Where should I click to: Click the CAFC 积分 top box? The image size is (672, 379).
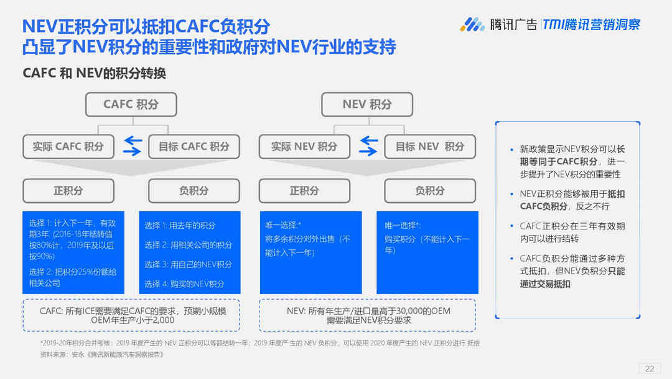point(131,104)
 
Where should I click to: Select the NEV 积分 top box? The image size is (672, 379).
point(367,104)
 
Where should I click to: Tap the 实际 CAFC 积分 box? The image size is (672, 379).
point(68,146)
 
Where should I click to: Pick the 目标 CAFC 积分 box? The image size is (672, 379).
point(194,146)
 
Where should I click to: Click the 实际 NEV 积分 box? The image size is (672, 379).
point(304,146)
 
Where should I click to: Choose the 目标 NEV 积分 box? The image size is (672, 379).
point(430,146)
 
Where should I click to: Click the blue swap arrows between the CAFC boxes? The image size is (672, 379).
point(133,146)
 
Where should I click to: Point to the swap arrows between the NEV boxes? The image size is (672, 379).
point(368,146)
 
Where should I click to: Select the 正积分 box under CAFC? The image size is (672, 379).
point(68,191)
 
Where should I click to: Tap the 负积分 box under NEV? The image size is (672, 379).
point(430,191)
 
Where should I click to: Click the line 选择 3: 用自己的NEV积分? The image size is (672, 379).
point(188,264)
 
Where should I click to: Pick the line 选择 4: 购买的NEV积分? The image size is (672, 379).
point(184,284)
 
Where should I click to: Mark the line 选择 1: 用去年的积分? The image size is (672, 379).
point(180,225)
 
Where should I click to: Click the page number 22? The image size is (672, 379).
point(650,368)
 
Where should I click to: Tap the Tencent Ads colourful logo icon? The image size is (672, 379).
point(472,24)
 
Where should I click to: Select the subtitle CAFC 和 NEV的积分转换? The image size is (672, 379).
point(95,74)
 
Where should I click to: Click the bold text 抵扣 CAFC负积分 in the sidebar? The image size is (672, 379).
point(572,200)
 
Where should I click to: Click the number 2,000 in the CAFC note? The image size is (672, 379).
point(164,320)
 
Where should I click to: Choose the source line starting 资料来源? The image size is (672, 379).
point(102,355)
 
